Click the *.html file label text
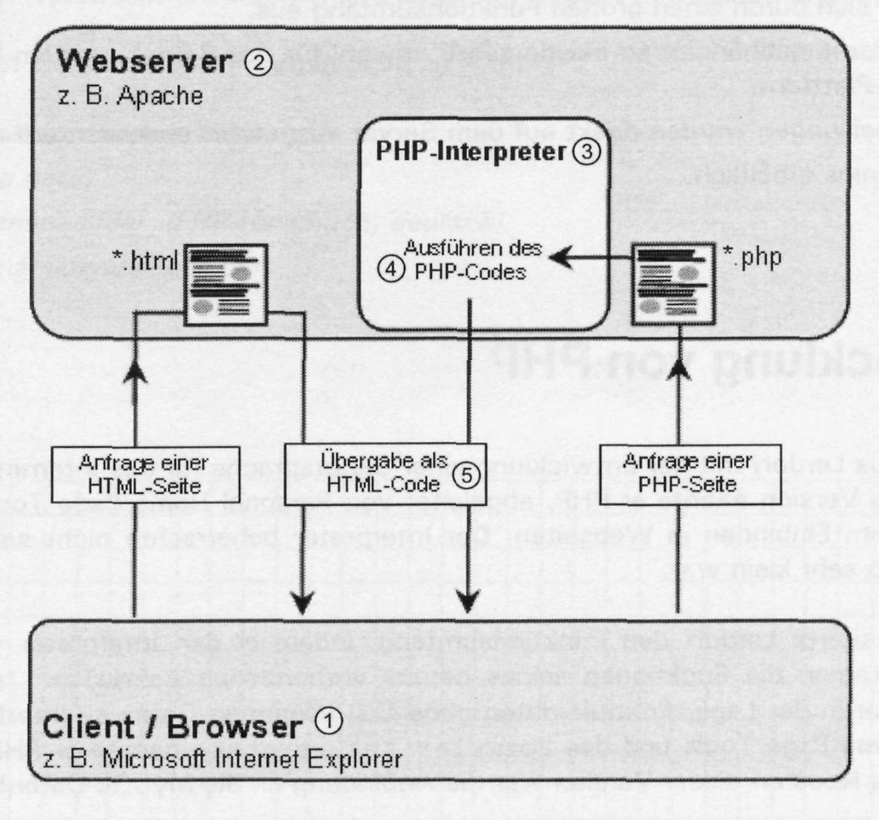(x=145, y=261)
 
